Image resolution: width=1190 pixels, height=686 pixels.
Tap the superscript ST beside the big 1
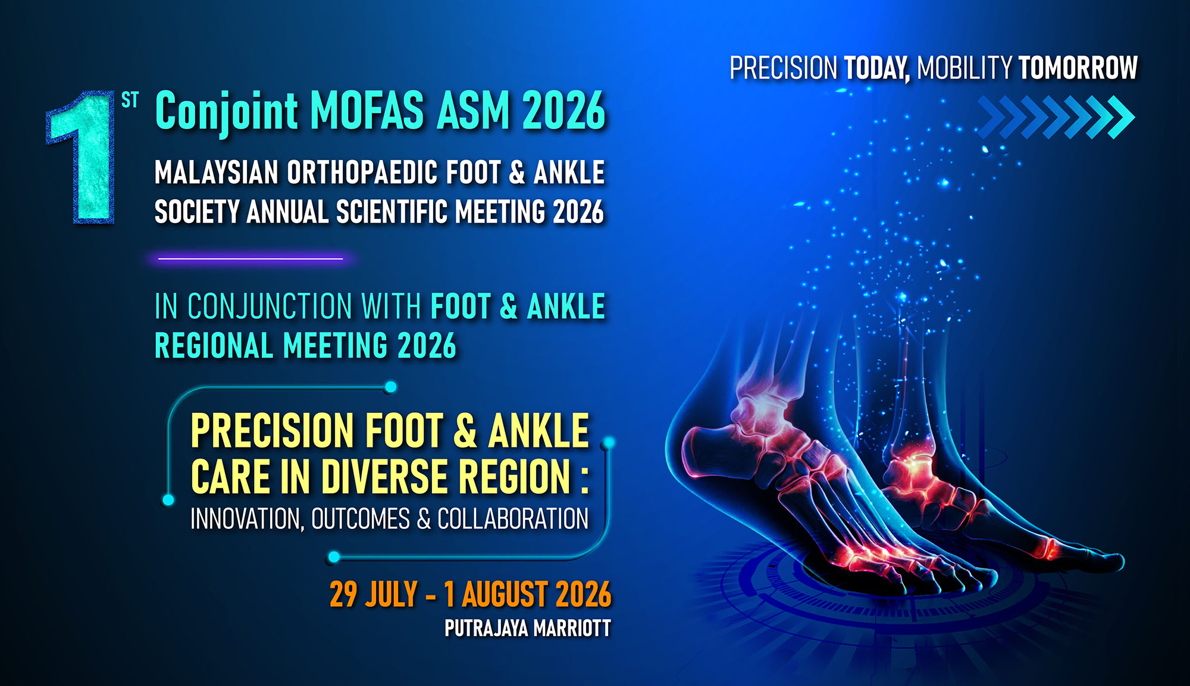point(130,101)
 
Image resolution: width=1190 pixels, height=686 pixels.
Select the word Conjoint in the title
point(226,112)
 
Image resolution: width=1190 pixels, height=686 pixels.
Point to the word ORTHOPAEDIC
point(362,173)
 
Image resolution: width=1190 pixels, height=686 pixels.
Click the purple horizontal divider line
point(250,259)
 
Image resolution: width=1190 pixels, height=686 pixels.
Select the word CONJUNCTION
point(270,306)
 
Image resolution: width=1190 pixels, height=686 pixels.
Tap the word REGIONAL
point(214,346)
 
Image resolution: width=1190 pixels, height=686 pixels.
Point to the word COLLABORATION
point(513,519)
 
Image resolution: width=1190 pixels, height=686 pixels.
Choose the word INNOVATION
point(247,519)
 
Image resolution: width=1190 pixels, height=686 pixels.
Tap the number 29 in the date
point(343,594)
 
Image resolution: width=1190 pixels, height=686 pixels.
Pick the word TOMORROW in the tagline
point(1078,68)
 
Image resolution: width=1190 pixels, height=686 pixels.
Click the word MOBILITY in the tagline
point(964,68)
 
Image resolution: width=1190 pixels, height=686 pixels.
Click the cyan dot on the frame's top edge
point(390,387)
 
